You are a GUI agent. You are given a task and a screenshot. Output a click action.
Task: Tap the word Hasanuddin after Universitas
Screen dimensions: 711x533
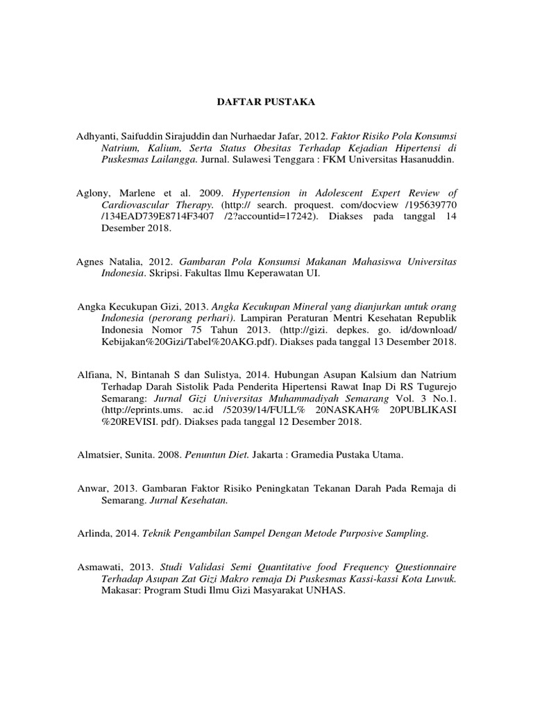click(428, 160)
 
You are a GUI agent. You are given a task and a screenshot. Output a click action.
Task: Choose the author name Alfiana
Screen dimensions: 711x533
click(93, 374)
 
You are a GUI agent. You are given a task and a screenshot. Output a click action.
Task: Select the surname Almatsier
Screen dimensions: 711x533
click(99, 456)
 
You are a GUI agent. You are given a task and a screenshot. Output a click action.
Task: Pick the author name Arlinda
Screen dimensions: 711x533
click(94, 533)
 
